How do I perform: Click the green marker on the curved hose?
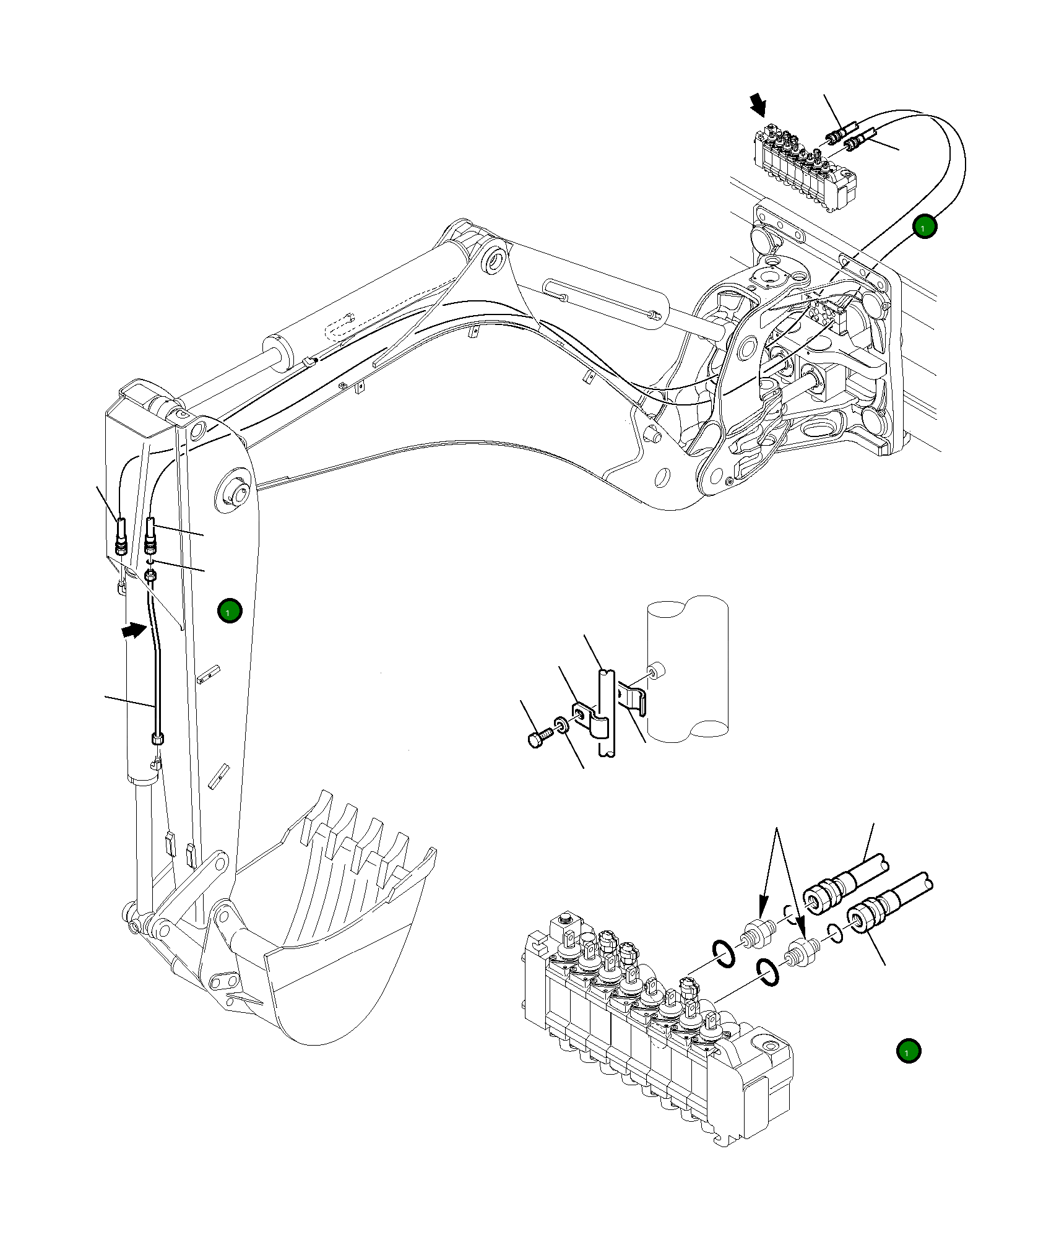(x=923, y=227)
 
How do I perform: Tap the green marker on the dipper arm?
(x=230, y=611)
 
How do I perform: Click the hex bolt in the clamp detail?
(x=538, y=737)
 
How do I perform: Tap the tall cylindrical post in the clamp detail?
(x=687, y=669)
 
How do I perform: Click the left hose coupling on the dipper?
(x=121, y=536)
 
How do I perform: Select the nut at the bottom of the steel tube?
(x=158, y=738)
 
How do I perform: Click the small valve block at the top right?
(x=803, y=168)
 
